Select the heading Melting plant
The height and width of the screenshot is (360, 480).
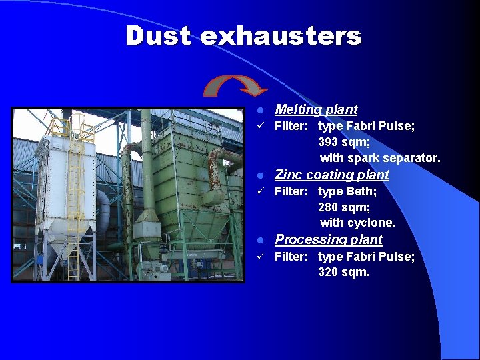(x=316, y=109)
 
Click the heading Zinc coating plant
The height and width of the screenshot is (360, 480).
(x=332, y=175)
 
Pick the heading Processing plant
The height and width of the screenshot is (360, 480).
(x=329, y=239)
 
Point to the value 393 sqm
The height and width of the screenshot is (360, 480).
(x=344, y=142)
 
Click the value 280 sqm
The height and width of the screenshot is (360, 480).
(x=344, y=207)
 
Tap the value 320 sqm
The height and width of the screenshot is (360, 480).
(x=343, y=272)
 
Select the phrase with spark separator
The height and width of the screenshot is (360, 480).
(x=380, y=158)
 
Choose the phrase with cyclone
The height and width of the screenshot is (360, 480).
(x=357, y=223)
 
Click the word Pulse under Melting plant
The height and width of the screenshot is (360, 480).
(x=399, y=126)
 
